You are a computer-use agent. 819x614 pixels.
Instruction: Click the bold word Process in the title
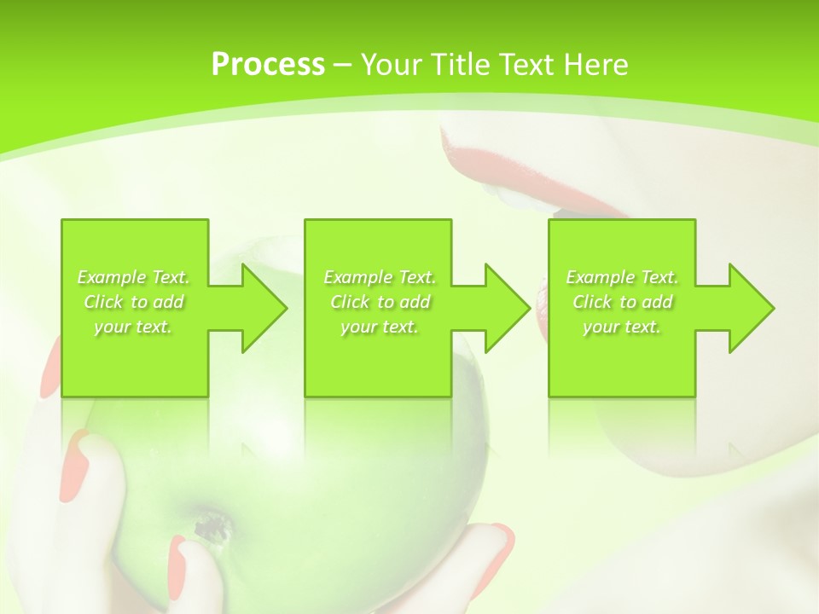268,65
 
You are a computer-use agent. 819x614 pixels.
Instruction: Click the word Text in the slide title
526,65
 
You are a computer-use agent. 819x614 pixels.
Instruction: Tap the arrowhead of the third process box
751,308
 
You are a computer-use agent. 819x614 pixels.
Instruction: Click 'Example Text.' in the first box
133,277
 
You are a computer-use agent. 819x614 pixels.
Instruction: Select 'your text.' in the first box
133,327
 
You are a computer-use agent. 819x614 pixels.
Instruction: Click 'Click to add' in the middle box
380,302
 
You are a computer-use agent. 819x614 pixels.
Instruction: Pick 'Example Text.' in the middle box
380,277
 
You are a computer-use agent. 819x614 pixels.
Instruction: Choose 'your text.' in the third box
622,327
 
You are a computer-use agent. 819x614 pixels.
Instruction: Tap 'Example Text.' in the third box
622,277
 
